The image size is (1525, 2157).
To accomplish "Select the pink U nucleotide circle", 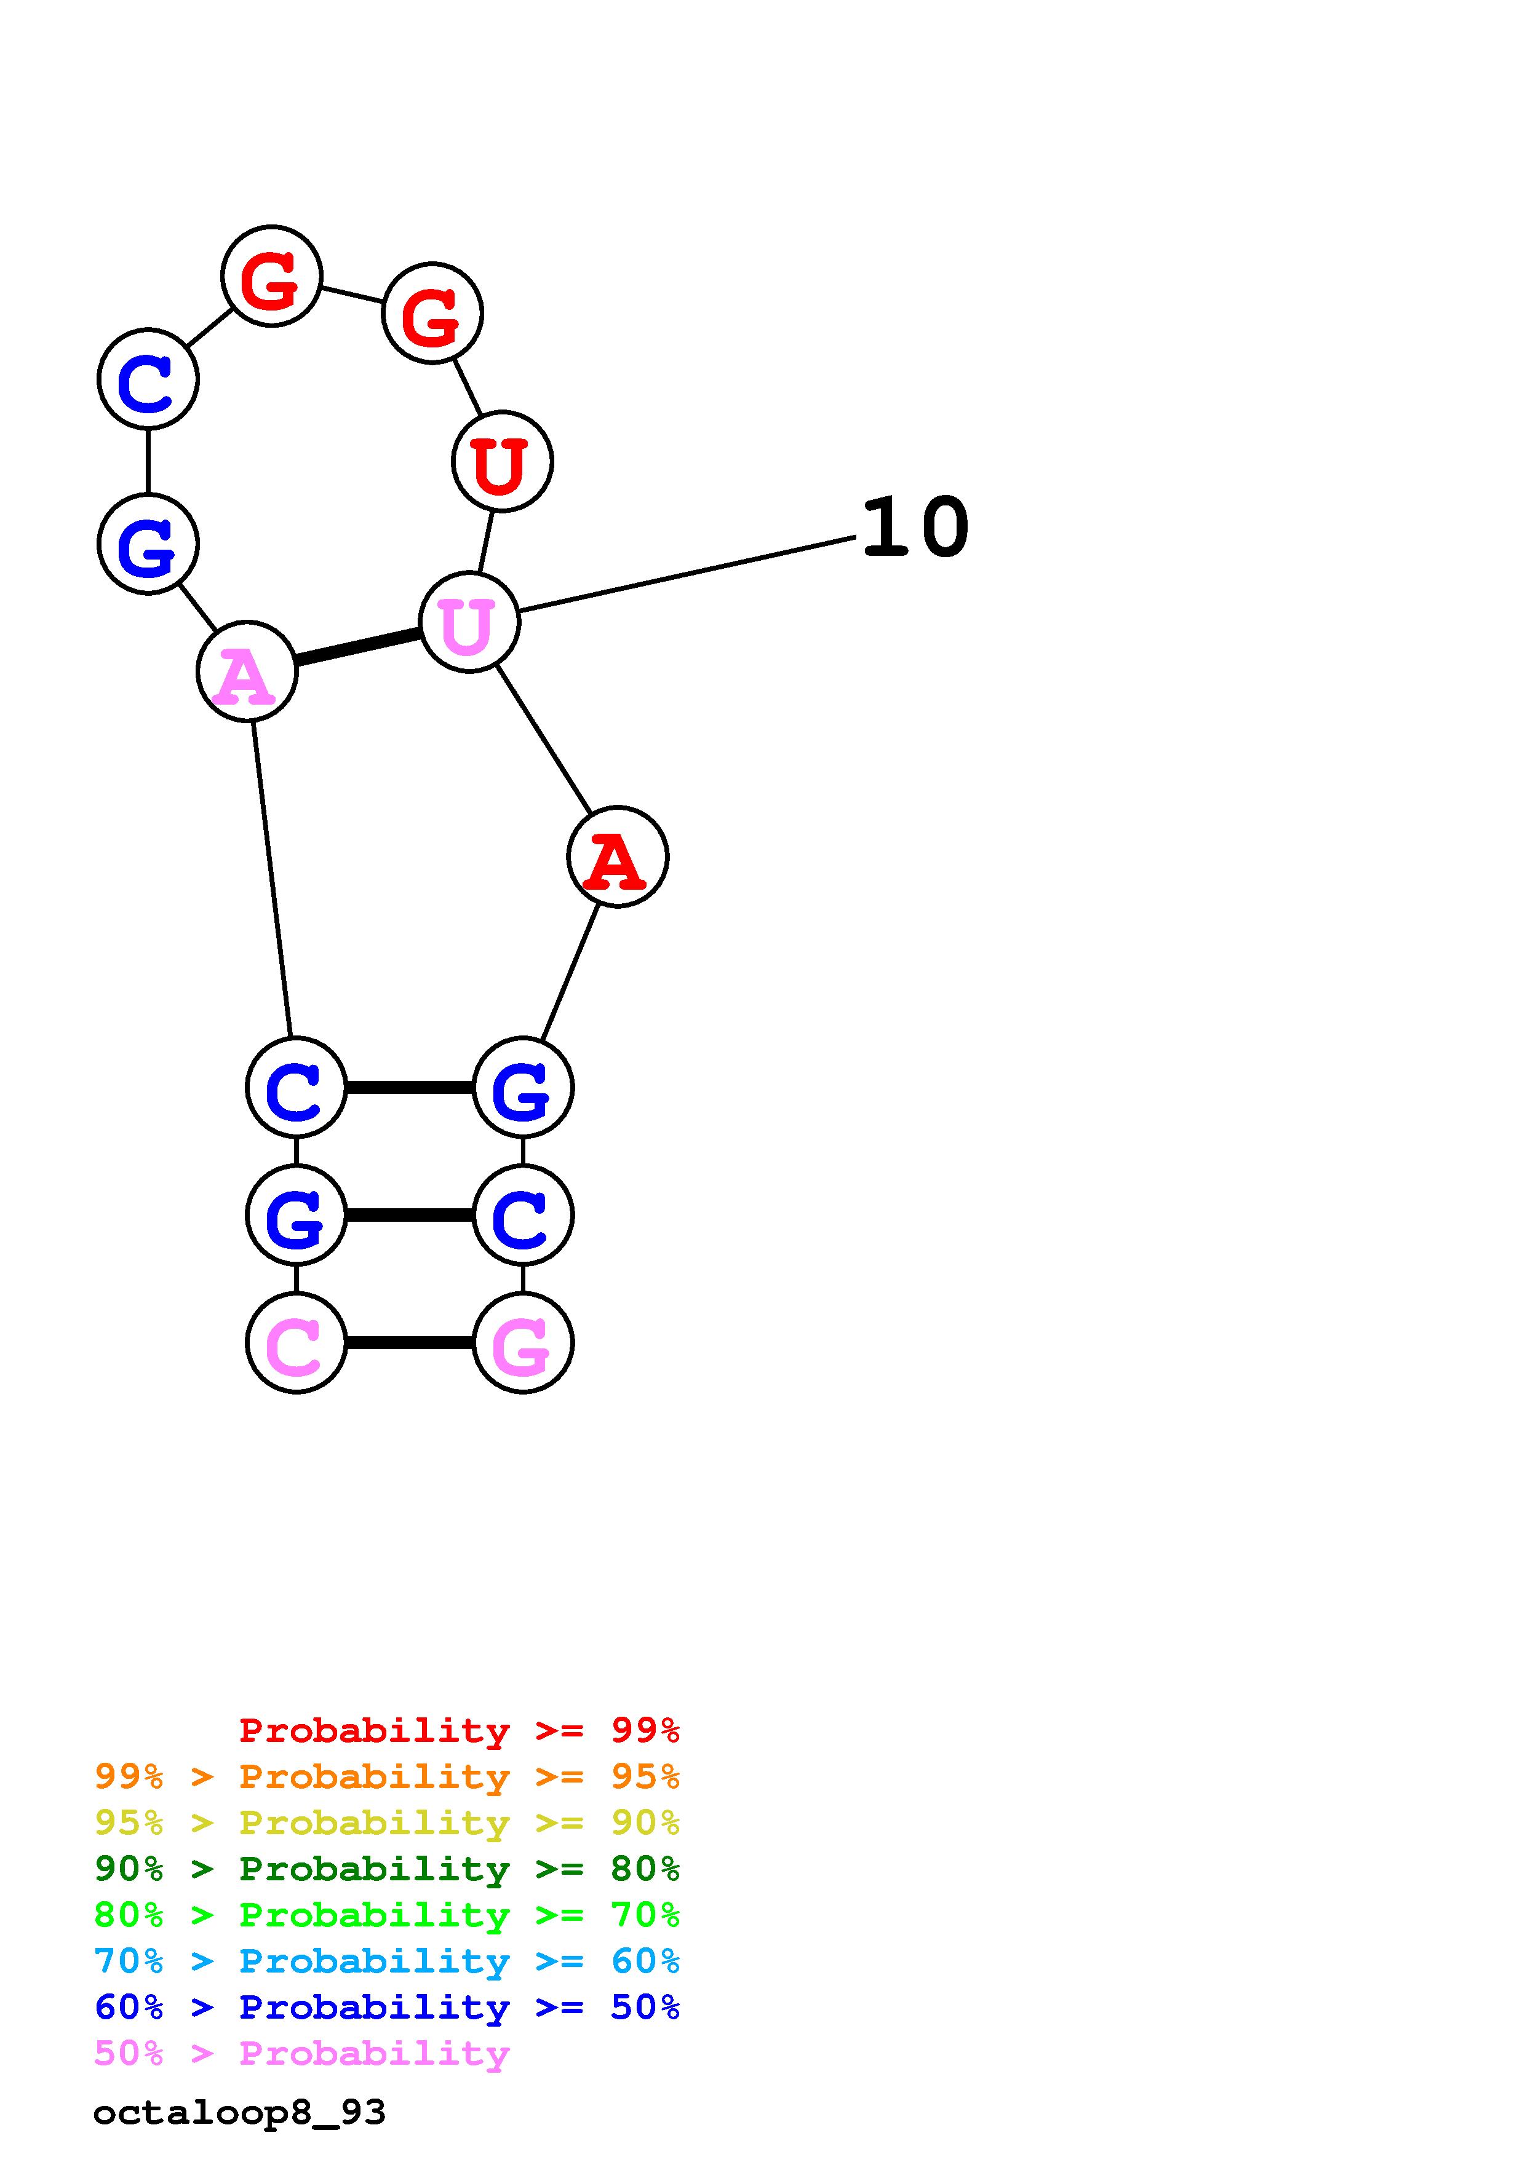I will pyautogui.click(x=469, y=622).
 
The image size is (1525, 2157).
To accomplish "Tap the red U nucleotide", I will pyautogui.click(x=502, y=461).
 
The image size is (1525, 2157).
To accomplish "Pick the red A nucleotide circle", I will pyautogui.click(x=618, y=856).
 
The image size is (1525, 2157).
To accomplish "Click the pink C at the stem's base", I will pyautogui.click(x=296, y=1342).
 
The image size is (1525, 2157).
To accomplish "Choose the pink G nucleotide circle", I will pyautogui.click(x=522, y=1342).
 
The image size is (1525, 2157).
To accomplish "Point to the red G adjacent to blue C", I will pyautogui.click(x=271, y=276).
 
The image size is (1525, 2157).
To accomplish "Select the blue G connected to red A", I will pyautogui.click(x=522, y=1088).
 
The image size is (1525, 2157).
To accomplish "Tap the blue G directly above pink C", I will pyautogui.click(x=296, y=1216).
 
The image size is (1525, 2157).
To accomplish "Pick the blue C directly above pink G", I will pyautogui.click(x=522, y=1216).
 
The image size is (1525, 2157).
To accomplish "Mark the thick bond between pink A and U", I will pyautogui.click(x=357, y=647).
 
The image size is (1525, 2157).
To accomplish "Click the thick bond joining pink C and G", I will pyautogui.click(x=410, y=1342).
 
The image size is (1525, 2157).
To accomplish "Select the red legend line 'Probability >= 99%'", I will pyautogui.click(x=458, y=1730).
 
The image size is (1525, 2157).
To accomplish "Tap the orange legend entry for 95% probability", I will pyautogui.click(x=386, y=1776).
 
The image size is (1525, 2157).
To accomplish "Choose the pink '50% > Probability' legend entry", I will pyautogui.click(x=301, y=2054).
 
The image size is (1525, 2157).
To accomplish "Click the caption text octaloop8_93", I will pyautogui.click(x=239, y=2113).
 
